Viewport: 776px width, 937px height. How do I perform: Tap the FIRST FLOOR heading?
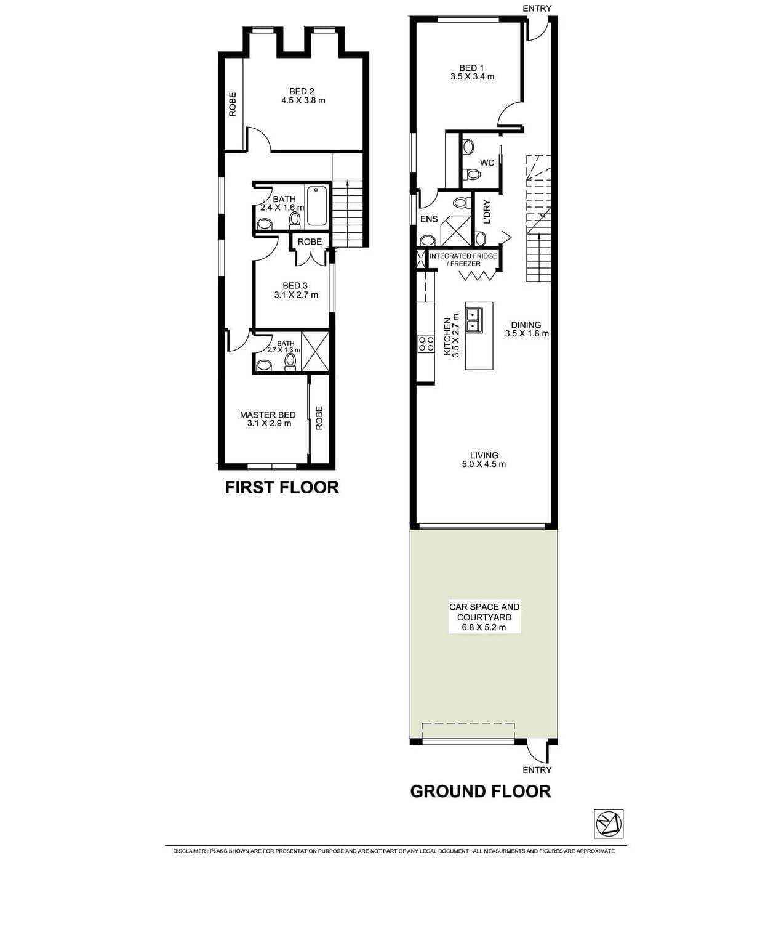tap(281, 487)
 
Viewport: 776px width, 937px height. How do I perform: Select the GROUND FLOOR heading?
tap(480, 791)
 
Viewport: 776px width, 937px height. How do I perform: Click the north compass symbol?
tap(608, 824)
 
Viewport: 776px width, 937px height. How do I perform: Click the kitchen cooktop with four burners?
tap(426, 343)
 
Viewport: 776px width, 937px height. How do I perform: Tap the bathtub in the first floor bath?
tap(318, 205)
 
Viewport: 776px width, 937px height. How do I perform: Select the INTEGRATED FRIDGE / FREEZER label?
tap(463, 259)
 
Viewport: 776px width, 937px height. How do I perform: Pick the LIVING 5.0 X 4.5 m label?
tap(484, 460)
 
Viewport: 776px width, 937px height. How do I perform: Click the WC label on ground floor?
tap(487, 163)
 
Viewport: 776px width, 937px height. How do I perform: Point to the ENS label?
tap(429, 219)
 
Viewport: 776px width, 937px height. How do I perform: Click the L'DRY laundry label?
tap(486, 211)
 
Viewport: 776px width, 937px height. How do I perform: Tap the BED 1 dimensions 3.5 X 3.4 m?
tap(472, 77)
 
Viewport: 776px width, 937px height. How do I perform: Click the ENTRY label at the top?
tap(537, 8)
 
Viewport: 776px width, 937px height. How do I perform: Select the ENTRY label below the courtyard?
tap(537, 769)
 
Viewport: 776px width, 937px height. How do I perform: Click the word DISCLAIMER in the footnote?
tap(190, 851)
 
